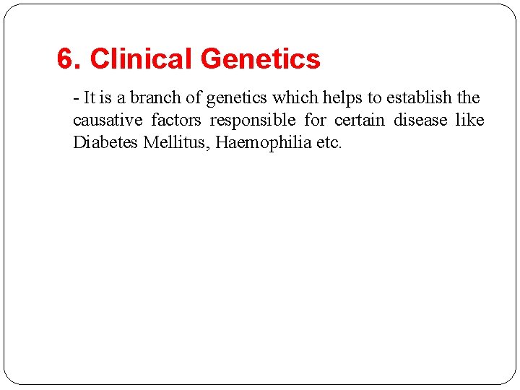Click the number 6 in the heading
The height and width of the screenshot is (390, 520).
pos(66,59)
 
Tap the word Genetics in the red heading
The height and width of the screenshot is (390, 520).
pos(261,59)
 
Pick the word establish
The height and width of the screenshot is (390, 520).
pos(418,97)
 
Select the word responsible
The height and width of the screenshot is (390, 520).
pos(253,121)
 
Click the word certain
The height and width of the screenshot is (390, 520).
pos(360,120)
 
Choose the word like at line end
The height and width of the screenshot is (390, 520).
pos(470,120)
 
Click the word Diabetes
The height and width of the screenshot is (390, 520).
pos(105,142)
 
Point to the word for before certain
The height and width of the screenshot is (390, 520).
pos(316,120)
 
